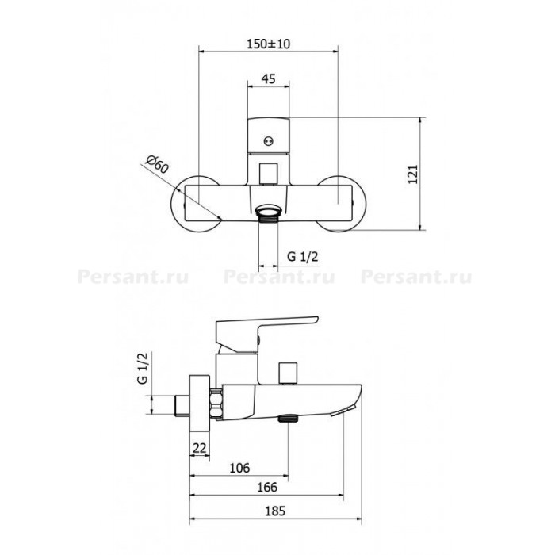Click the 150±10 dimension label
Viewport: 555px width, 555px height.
tap(268, 44)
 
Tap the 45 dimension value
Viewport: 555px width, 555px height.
tap(268, 78)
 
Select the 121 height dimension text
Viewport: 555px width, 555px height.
tap(413, 174)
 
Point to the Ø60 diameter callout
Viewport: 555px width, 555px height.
tap(157, 165)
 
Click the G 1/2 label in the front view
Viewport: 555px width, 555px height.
tap(303, 256)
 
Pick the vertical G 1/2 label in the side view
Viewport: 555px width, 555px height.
tap(142, 368)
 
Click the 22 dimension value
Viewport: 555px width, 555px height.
tap(200, 448)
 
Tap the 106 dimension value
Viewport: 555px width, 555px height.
tap(239, 468)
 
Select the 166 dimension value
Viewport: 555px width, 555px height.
tap(267, 488)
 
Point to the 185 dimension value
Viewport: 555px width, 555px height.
tap(275, 511)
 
